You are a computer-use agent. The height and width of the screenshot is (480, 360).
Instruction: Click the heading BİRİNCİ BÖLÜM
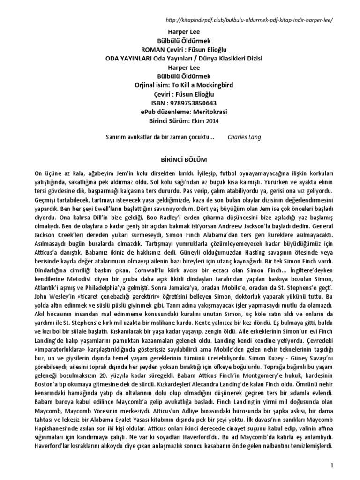(180, 159)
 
